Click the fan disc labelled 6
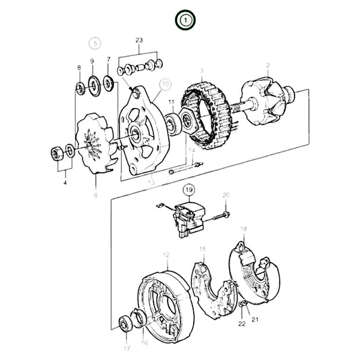[x=93, y=144]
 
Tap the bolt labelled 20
[x=221, y=217]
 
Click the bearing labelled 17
[x=124, y=323]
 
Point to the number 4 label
[x=66, y=181]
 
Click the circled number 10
[x=166, y=86]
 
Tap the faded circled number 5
[x=95, y=43]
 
